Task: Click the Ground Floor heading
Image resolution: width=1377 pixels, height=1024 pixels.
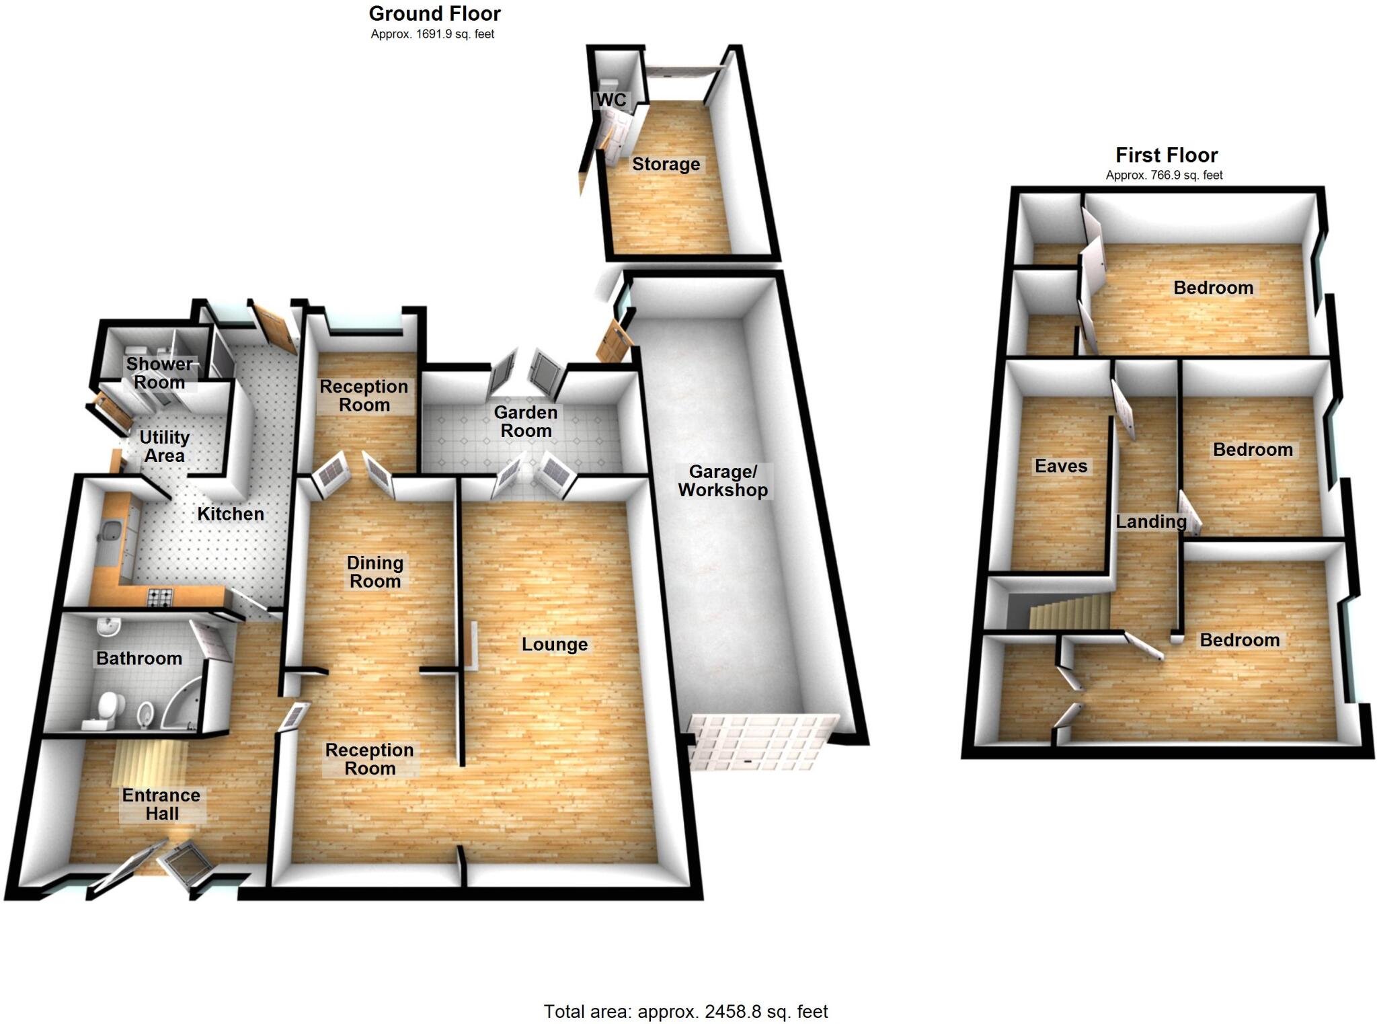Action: pos(434,14)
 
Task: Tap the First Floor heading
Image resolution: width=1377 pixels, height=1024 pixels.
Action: pos(1167,155)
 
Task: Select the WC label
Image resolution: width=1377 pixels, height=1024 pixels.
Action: pos(611,100)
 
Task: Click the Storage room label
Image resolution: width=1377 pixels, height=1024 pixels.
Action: pos(666,164)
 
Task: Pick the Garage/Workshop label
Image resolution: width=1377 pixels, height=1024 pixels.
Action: pos(723,481)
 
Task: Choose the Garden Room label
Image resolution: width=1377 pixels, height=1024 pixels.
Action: pos(526,422)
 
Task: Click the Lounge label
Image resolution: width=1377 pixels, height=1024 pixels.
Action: pos(555,644)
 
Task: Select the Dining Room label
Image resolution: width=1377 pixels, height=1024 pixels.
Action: pos(375,572)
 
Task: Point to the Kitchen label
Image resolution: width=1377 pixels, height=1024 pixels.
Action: pos(230,514)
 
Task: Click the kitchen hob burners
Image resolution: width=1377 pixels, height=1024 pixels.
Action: pos(160,596)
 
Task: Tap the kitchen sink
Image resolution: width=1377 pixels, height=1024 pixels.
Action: pos(109,533)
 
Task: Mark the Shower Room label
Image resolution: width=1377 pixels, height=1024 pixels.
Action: pos(159,373)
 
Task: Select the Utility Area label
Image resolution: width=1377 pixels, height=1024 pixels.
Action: pos(164,446)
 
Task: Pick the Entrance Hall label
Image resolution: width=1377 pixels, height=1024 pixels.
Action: pos(161,804)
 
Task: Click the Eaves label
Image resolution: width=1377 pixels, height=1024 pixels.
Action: pos(1060,466)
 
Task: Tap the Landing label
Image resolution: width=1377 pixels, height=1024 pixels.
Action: pos(1151,521)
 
